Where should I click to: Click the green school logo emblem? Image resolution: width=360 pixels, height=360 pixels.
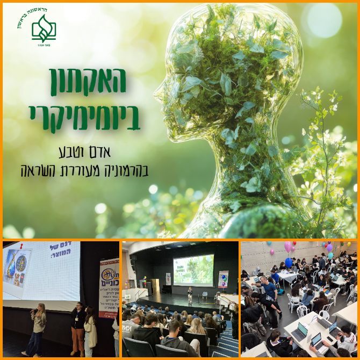pyautogui.click(x=44, y=27)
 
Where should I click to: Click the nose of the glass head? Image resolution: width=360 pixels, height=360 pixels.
pyautogui.click(x=156, y=94)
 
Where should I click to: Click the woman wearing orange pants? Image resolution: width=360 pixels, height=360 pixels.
pyautogui.click(x=77, y=328)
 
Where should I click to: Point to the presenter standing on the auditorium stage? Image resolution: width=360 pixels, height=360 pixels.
pyautogui.click(x=189, y=295)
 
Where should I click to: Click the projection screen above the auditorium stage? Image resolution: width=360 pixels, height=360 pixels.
pyautogui.click(x=193, y=269)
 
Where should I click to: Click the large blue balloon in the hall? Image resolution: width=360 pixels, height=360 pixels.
pyautogui.click(x=289, y=262)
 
